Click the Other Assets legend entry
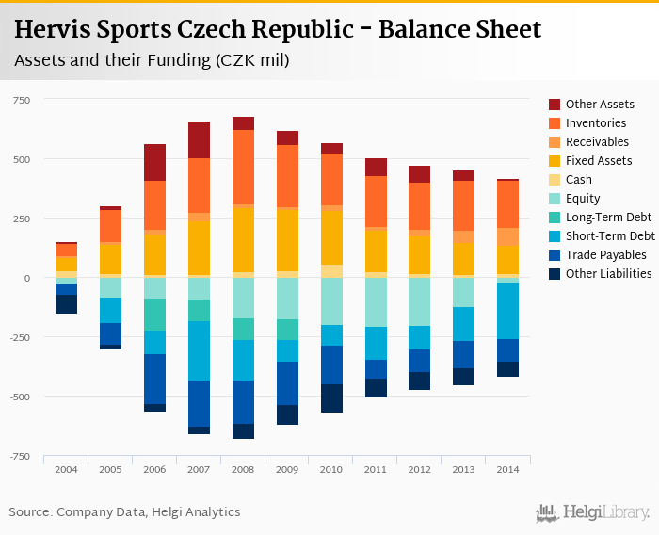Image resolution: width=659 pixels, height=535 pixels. click(x=600, y=105)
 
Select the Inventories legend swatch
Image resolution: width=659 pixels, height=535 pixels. click(x=555, y=123)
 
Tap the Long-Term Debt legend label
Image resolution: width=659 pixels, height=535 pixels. click(x=609, y=218)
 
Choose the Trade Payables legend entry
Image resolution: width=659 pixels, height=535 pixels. click(x=605, y=255)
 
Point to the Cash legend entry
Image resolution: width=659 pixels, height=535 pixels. click(x=578, y=180)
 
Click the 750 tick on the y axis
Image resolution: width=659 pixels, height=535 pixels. click(x=21, y=100)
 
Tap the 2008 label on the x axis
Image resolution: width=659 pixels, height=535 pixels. click(x=243, y=469)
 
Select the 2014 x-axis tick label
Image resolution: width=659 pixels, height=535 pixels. click(x=508, y=469)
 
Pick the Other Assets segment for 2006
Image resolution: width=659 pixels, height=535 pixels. click(x=154, y=162)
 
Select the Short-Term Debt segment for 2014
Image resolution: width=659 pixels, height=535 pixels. click(x=508, y=311)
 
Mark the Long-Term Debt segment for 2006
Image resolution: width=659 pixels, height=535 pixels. click(x=154, y=315)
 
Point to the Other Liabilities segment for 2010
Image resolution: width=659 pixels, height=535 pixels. click(x=331, y=398)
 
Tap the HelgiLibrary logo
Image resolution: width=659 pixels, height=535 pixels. click(x=593, y=512)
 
